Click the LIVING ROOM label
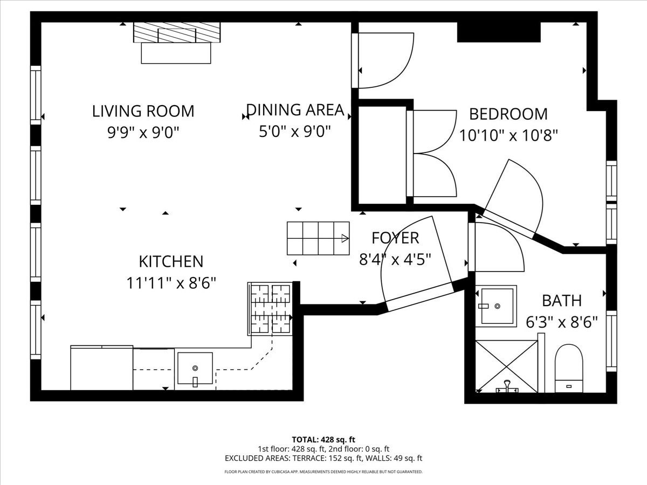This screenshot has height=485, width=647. click(143, 111)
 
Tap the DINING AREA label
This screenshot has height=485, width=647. click(295, 109)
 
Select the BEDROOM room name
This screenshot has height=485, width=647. click(508, 114)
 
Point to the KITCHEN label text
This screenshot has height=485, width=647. click(171, 261)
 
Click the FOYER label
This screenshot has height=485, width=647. click(395, 238)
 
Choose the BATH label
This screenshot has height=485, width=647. click(562, 300)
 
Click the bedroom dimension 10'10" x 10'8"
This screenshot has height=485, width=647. click(508, 135)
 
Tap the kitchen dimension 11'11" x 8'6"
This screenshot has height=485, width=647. click(171, 282)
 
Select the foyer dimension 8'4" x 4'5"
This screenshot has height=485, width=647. click(395, 259)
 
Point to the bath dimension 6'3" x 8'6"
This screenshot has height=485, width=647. click(562, 322)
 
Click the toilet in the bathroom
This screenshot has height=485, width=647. click(569, 368)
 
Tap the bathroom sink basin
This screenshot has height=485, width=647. click(496, 306)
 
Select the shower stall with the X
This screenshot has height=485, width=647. click(506, 366)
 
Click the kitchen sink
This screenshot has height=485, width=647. click(195, 369)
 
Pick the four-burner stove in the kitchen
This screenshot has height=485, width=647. click(270, 309)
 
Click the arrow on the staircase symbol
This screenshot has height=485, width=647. click(344, 238)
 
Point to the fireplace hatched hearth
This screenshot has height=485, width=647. click(177, 32)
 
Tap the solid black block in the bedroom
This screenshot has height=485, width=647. click(499, 32)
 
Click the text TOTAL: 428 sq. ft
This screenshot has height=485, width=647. click(323, 439)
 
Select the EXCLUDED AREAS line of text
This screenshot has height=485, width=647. click(323, 458)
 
